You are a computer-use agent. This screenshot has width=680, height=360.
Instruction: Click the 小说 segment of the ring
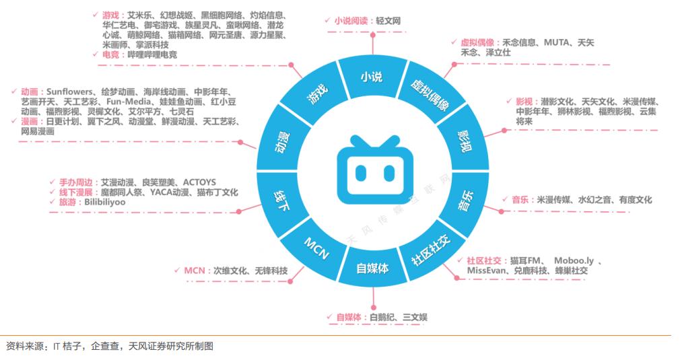(371, 76)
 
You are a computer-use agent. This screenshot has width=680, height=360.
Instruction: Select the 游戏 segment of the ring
(316, 94)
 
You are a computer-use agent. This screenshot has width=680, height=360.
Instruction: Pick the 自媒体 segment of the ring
(372, 268)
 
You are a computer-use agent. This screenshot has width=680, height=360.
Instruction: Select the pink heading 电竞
(113, 55)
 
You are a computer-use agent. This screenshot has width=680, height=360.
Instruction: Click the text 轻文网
(387, 21)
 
